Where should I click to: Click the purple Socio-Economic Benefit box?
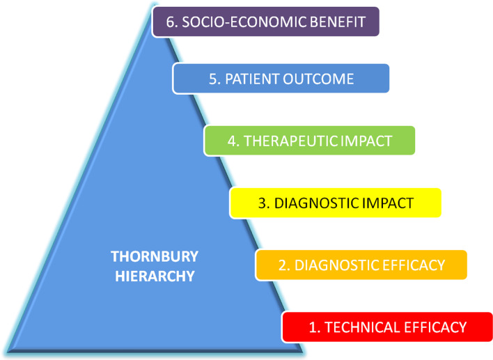(266, 21)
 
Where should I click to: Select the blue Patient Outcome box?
(281, 79)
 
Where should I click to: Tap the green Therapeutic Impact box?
(310, 141)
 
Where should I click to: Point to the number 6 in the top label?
(167, 21)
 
